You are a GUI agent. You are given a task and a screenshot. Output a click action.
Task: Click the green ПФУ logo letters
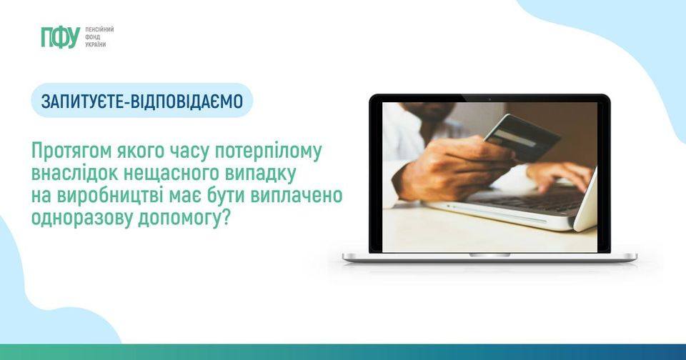(x=60, y=37)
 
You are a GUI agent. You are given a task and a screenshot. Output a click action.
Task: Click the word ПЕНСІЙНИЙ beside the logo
(x=99, y=29)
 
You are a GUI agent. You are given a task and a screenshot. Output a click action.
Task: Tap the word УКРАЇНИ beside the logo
(x=95, y=44)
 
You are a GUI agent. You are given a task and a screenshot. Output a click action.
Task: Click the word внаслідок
(x=74, y=174)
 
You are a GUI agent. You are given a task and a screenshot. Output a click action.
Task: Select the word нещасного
(x=171, y=174)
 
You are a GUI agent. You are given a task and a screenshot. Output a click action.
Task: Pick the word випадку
(x=261, y=174)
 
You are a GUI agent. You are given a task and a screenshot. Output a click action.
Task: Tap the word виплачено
(x=296, y=196)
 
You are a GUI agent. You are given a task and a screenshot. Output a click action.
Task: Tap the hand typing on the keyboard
(x=560, y=175)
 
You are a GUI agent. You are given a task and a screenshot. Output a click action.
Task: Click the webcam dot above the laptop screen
(x=489, y=99)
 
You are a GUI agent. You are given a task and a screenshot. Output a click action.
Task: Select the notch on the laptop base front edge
(x=489, y=254)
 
